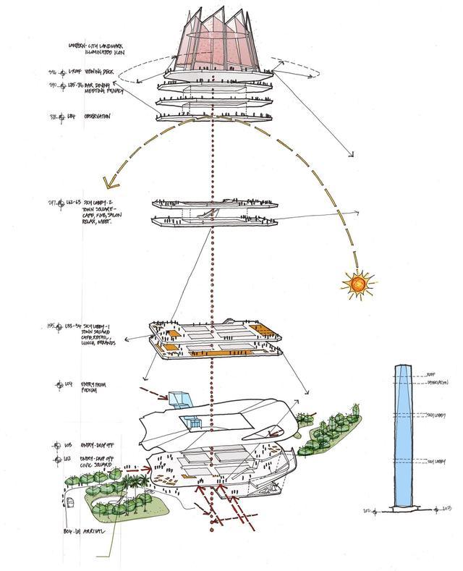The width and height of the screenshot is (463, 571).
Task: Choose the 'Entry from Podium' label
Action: click(x=88, y=388)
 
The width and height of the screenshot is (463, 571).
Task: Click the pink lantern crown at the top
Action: click(x=215, y=43)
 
